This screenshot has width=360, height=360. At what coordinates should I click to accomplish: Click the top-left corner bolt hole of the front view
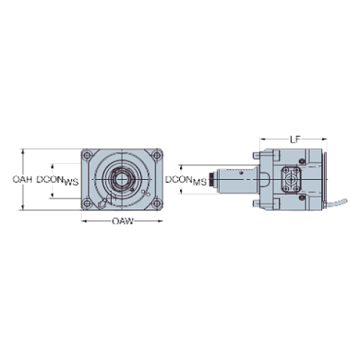88,156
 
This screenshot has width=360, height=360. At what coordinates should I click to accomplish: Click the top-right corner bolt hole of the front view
157,156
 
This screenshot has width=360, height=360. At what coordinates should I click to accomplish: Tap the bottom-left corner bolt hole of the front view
88,203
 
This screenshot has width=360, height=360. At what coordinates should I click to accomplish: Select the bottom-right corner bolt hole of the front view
157,203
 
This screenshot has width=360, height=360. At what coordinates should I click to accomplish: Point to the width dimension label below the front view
123,220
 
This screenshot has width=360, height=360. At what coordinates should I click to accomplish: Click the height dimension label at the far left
23,179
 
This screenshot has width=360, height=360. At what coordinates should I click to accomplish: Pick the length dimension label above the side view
294,137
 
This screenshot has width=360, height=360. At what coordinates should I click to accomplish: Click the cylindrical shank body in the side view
234,179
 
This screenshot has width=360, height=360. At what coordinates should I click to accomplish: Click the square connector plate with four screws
292,179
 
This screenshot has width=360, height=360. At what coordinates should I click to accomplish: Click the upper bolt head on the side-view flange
254,155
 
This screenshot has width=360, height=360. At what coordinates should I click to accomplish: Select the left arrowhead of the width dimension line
82,220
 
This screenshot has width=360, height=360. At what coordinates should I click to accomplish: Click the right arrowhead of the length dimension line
323,139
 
